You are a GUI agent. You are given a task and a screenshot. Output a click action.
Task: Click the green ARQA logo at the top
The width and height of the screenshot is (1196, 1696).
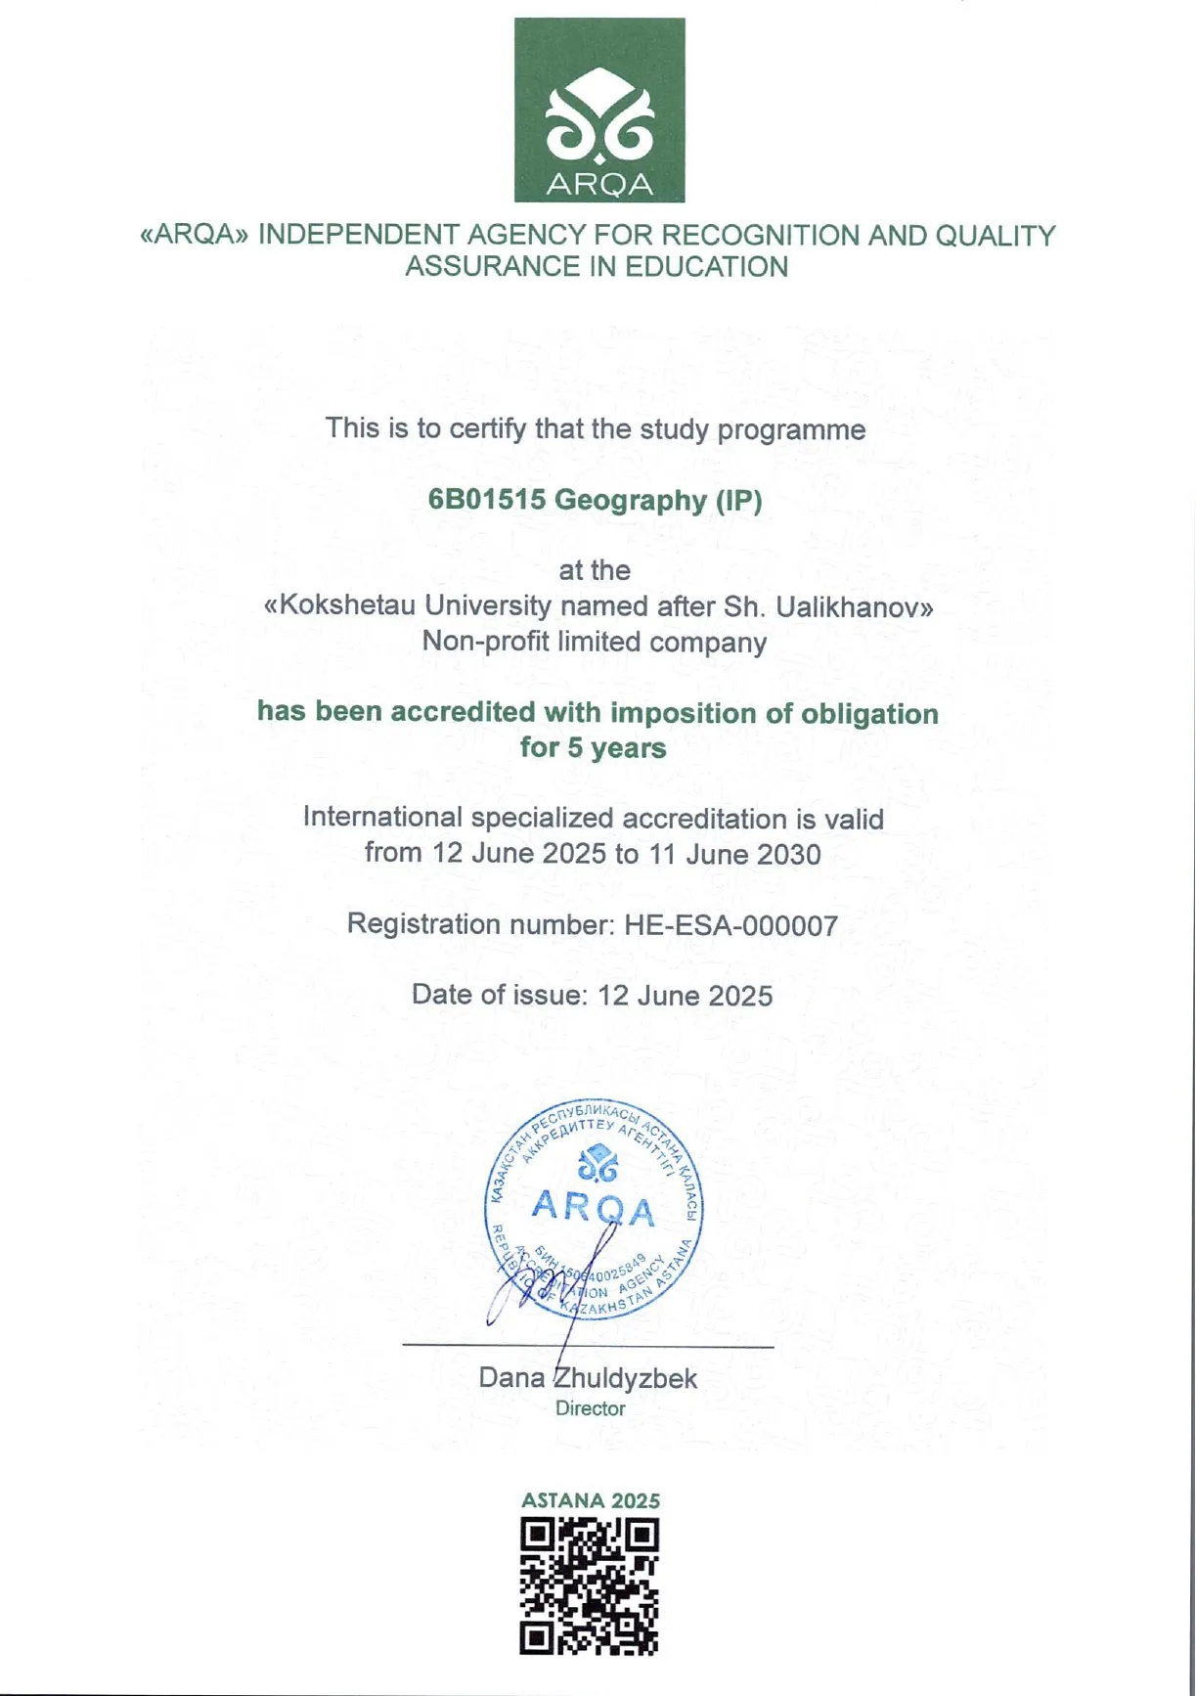(599, 110)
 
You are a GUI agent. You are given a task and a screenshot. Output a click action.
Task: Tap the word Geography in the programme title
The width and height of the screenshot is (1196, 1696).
(630, 501)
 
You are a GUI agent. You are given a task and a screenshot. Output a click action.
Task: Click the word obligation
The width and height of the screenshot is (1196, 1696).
(869, 714)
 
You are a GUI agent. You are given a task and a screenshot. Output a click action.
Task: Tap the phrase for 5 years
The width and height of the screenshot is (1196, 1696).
(593, 748)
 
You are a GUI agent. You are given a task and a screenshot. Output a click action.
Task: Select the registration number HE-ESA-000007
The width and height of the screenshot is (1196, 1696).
(731, 925)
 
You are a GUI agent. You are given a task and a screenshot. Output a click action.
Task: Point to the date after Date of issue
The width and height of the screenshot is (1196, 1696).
(685, 996)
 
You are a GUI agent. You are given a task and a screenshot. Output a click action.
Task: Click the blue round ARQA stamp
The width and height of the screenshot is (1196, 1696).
(594, 1209)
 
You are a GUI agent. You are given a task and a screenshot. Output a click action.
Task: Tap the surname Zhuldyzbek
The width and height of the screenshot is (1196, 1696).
(625, 1378)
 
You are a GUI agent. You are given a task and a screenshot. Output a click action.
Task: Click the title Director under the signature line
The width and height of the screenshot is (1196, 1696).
(590, 1408)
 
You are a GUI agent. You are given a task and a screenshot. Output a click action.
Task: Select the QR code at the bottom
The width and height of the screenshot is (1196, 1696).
(590, 1585)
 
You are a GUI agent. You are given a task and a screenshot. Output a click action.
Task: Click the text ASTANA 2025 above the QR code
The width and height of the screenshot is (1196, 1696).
(590, 1500)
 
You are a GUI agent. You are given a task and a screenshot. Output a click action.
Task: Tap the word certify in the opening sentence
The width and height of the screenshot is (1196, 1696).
(487, 429)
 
